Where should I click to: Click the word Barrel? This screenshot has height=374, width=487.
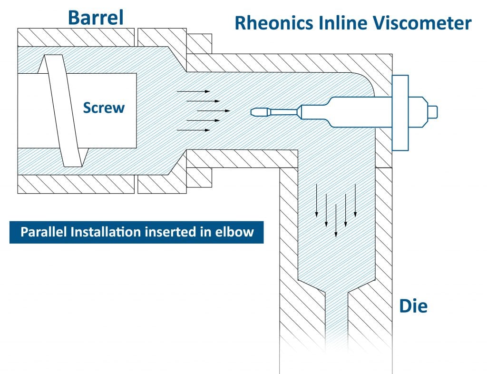click(96, 17)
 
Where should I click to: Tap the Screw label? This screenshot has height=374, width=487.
click(104, 108)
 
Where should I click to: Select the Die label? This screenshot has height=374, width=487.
click(413, 306)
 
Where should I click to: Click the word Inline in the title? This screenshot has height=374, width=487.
click(345, 23)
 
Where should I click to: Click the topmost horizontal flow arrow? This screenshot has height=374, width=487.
click(193, 91)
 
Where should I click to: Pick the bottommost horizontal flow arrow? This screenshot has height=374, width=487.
click(193, 129)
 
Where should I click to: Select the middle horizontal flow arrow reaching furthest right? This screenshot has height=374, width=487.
click(214, 110)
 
